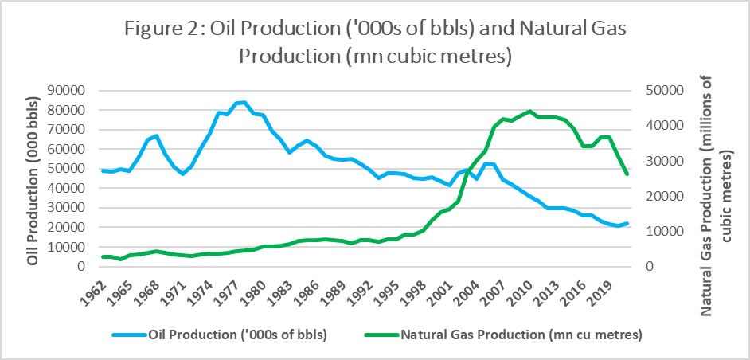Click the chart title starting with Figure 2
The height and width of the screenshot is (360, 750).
(375, 44)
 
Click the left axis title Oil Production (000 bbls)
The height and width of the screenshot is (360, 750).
(33, 178)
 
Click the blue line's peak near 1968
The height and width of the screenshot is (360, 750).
(157, 136)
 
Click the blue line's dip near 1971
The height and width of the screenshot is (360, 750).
(182, 174)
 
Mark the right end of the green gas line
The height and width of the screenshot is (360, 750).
(626, 174)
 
